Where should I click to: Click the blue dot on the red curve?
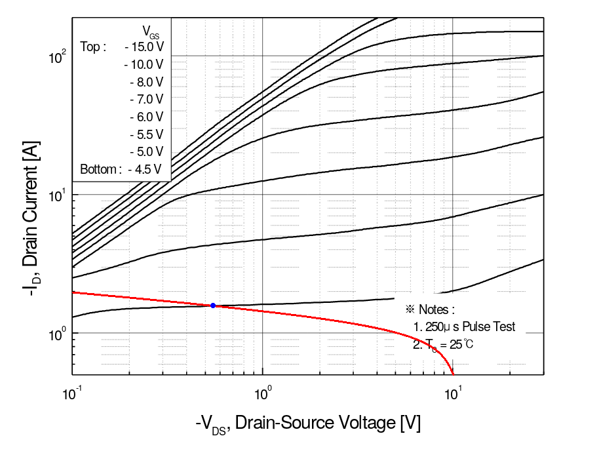[213, 306]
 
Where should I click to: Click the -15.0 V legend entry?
[144, 47]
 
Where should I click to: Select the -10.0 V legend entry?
[144, 64]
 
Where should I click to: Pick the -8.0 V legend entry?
[146, 82]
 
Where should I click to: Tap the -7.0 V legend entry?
[146, 99]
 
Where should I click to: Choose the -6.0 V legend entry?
[146, 117]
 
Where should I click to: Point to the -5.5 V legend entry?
[146, 134]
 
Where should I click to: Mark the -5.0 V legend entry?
[146, 151]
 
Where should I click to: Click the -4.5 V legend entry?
[146, 169]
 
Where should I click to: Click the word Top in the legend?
[90, 47]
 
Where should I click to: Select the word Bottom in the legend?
[99, 169]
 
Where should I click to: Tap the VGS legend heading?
[150, 31]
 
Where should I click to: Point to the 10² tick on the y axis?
[57, 57]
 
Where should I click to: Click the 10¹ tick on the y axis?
[57, 195]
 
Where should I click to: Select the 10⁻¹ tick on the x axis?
[73, 395]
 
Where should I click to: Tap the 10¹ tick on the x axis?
[452, 395]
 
